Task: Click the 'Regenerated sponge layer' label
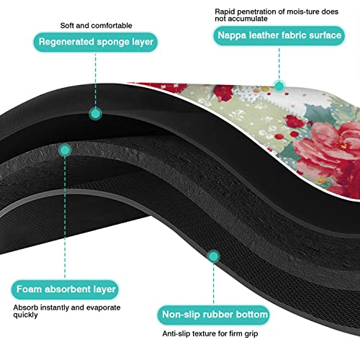click(x=96, y=42)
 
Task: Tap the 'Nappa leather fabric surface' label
click(x=279, y=35)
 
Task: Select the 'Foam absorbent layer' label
click(x=65, y=289)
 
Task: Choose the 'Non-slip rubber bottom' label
click(x=214, y=315)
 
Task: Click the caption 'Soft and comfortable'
click(x=96, y=25)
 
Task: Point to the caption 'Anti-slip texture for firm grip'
click(x=210, y=333)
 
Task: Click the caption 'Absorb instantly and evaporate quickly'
click(x=67, y=311)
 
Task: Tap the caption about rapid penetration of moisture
click(x=276, y=15)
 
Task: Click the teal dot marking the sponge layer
click(x=96, y=114)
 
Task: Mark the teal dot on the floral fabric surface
click(x=279, y=86)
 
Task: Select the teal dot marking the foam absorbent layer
click(x=65, y=150)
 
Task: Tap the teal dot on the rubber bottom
click(x=213, y=256)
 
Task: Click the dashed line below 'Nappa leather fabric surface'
click(x=279, y=63)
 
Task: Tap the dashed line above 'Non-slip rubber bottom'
click(x=213, y=284)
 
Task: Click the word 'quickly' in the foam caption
click(x=25, y=315)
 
